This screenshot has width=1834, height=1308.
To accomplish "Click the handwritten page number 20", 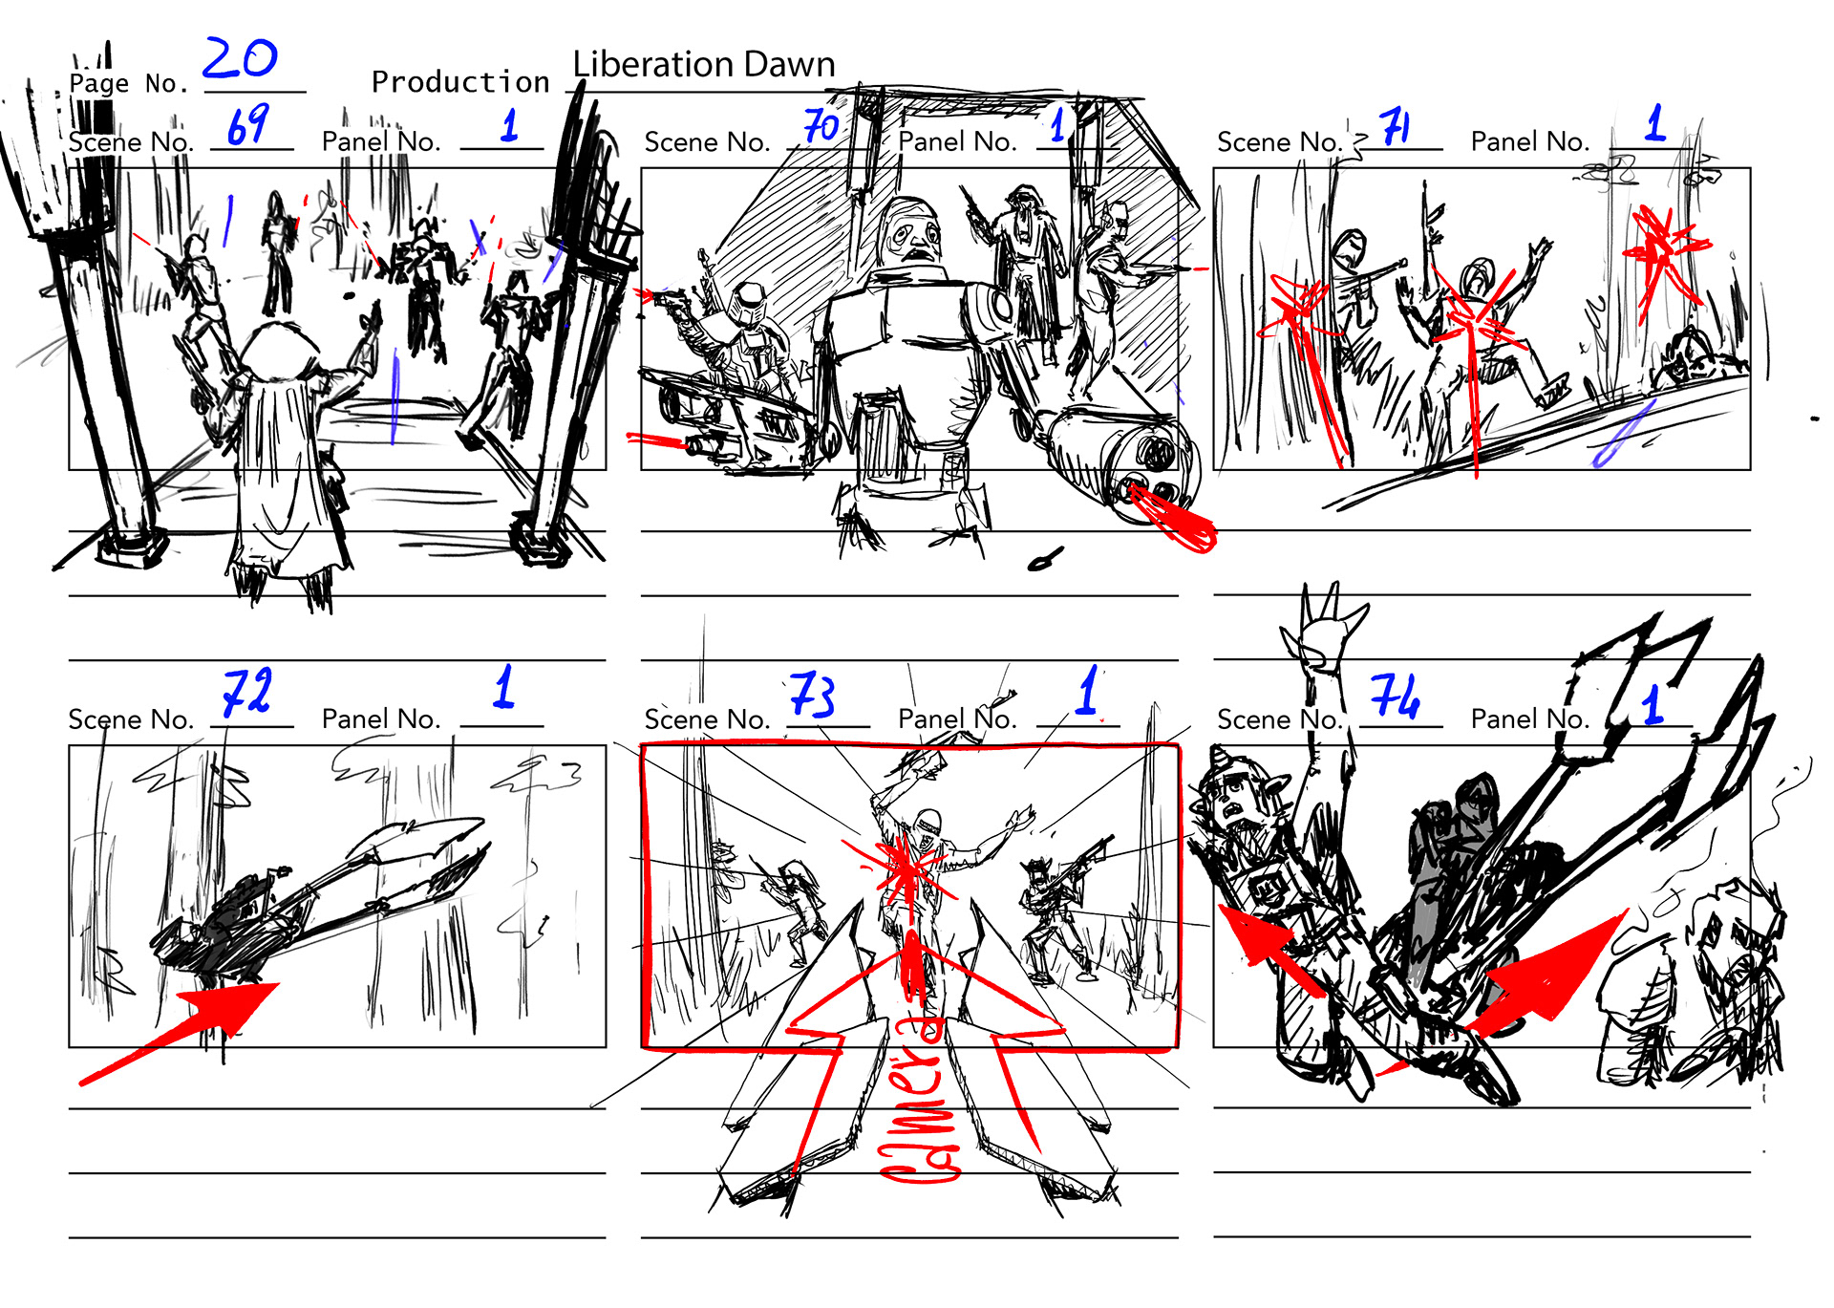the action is coord(240,59).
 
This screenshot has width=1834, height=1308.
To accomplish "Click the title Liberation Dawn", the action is coord(704,64).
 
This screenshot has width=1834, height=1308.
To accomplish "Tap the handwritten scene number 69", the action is coord(247,125).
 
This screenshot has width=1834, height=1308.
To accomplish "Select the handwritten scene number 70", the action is coord(821,125).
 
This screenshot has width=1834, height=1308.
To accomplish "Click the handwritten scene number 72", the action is coord(246,692).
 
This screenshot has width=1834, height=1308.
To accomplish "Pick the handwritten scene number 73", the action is coord(813,695).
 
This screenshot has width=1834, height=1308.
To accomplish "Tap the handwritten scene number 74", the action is coord(1395,696).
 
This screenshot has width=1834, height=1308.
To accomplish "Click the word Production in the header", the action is coord(460,82).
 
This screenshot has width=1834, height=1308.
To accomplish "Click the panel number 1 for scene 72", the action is coord(503,687).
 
